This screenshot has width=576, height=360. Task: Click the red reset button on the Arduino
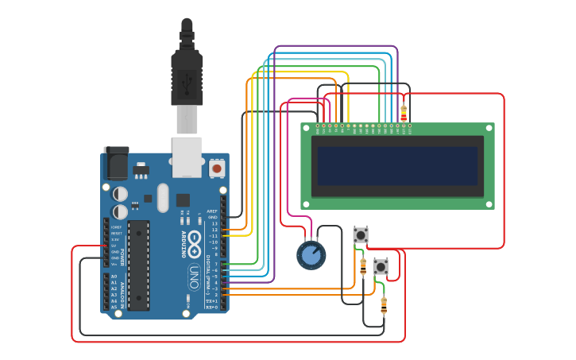click(x=216, y=168)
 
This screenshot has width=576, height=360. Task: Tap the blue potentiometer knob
click(x=311, y=255)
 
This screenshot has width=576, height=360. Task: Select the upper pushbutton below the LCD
click(x=361, y=235)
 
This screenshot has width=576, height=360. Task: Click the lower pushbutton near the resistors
click(x=381, y=267)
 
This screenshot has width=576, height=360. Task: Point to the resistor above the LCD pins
click(x=404, y=113)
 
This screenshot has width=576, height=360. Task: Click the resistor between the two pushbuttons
click(x=363, y=266)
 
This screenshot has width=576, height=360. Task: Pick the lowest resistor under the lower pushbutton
click(x=384, y=304)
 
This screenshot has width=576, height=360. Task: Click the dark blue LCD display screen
click(x=397, y=165)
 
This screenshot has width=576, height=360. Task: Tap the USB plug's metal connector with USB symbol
click(x=187, y=80)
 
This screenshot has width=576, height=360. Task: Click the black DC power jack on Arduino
click(x=116, y=164)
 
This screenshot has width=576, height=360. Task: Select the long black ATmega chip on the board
click(x=138, y=265)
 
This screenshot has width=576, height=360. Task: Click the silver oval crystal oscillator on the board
click(x=163, y=198)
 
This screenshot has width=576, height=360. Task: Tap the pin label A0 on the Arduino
click(x=114, y=277)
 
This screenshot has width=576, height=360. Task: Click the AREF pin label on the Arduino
click(x=212, y=211)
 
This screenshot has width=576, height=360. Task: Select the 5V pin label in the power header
click(x=114, y=246)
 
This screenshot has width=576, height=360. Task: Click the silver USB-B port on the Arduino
click(x=187, y=157)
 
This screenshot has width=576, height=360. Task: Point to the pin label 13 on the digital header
click(x=214, y=224)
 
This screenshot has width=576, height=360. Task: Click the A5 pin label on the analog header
click(x=114, y=307)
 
